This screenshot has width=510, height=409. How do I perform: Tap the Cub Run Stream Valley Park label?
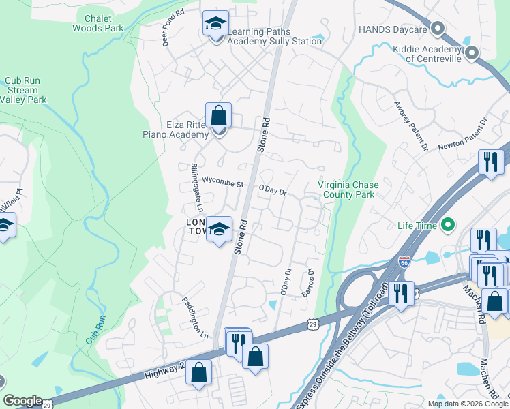click(22, 90)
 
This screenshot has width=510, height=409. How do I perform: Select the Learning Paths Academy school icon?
click(215, 25)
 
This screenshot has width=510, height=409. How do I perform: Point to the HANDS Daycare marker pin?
click(438, 29)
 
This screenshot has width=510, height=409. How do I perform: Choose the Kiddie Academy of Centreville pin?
click(471, 52)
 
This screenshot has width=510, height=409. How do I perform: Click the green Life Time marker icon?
click(447, 224)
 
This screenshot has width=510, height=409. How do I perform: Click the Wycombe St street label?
click(223, 183)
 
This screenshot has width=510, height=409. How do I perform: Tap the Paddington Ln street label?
click(195, 317)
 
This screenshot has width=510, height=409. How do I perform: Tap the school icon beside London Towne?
click(219, 230)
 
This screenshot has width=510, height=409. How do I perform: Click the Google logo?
click(22, 401)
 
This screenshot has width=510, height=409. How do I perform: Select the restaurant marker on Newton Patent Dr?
click(491, 162)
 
